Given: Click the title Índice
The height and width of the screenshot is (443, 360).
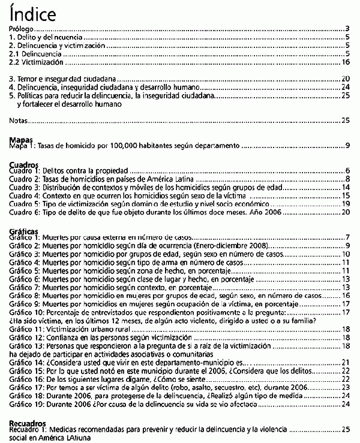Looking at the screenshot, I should pyautogui.click(x=34, y=13).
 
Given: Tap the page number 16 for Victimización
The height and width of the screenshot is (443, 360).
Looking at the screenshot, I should pyautogui.click(x=345, y=62).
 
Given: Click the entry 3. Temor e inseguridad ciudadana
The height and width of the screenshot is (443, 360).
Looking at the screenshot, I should pyautogui.click(x=62, y=79).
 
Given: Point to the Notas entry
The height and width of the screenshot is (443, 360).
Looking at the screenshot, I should pyautogui.click(x=19, y=120).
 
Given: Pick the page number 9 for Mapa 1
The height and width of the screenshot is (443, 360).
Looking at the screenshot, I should pyautogui.click(x=347, y=146).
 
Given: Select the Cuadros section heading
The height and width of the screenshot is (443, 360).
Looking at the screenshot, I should pyautogui.click(x=23, y=164).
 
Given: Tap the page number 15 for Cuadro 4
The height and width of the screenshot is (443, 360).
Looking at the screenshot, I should pyautogui.click(x=345, y=195).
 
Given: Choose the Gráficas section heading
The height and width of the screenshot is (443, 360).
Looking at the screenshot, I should pyautogui.click(x=25, y=230).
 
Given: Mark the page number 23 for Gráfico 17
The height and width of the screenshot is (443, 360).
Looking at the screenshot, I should pyautogui.click(x=345, y=388).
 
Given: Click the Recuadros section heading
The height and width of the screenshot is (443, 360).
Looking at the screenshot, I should pyautogui.click(x=28, y=423).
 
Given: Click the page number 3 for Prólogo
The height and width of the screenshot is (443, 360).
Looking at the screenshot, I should pyautogui.click(x=347, y=29).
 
